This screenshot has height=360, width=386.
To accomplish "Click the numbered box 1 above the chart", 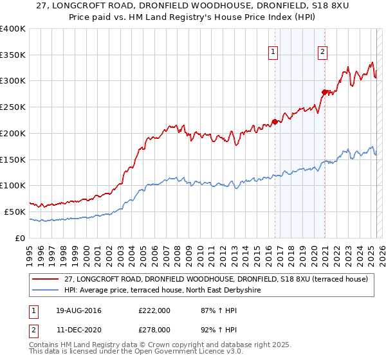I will click(273, 53).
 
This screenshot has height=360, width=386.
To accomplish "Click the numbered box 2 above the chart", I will click(322, 53).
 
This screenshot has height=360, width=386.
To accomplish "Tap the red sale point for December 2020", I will click(324, 92).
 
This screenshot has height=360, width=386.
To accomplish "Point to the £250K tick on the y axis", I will click(13, 107).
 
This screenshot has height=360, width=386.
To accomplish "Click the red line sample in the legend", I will click(46, 279).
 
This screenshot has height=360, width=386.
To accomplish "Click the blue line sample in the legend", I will click(46, 290).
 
